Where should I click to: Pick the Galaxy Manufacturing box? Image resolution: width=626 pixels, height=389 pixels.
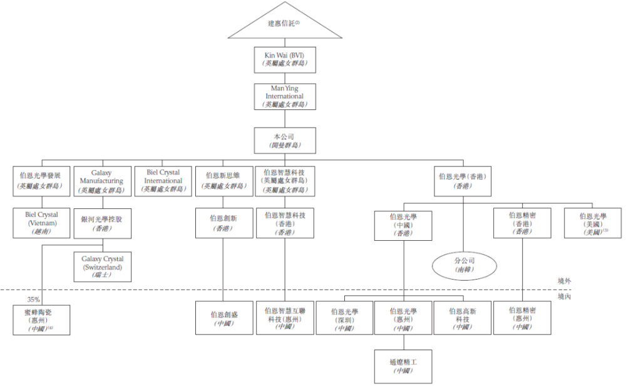(102, 181)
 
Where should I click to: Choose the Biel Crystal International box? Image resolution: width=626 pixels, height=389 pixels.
(162, 181)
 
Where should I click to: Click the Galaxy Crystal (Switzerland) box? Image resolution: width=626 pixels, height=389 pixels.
(102, 266)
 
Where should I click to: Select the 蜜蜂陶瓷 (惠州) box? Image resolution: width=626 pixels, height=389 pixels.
(42, 318)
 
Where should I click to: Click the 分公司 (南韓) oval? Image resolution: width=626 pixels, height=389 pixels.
(464, 264)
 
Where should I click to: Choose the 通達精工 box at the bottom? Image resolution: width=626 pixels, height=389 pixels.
(404, 366)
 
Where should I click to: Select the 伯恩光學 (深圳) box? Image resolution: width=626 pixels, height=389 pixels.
(344, 318)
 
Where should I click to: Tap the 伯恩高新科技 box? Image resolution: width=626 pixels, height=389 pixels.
(464, 318)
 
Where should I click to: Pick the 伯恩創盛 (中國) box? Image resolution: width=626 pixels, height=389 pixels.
(223, 318)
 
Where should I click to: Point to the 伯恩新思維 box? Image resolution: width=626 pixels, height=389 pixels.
(223, 181)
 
